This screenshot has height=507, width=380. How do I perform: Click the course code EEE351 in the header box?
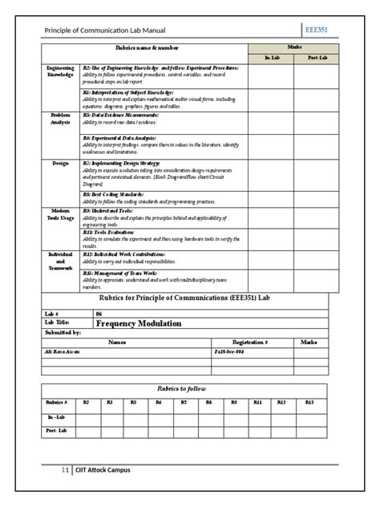pyautogui.click(x=321, y=30)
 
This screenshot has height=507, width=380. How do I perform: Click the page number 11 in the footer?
pyautogui.click(x=65, y=471)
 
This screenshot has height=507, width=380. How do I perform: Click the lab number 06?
pyautogui.click(x=99, y=314)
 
